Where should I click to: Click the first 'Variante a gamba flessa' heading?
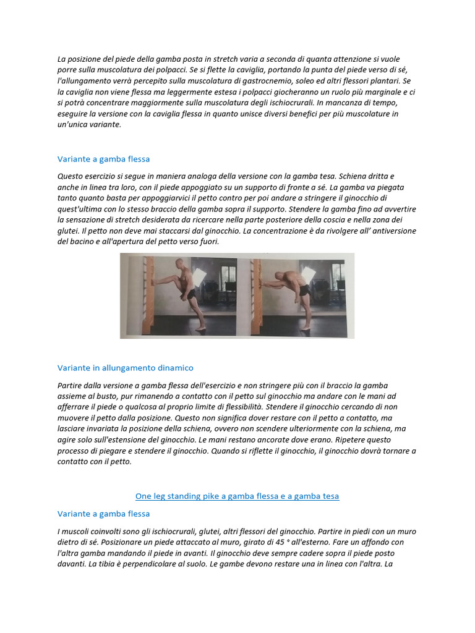pyautogui.click(x=103, y=159)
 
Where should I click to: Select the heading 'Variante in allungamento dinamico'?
pyautogui.click(x=125, y=368)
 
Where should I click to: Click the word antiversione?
pyautogui.click(x=390, y=231)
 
